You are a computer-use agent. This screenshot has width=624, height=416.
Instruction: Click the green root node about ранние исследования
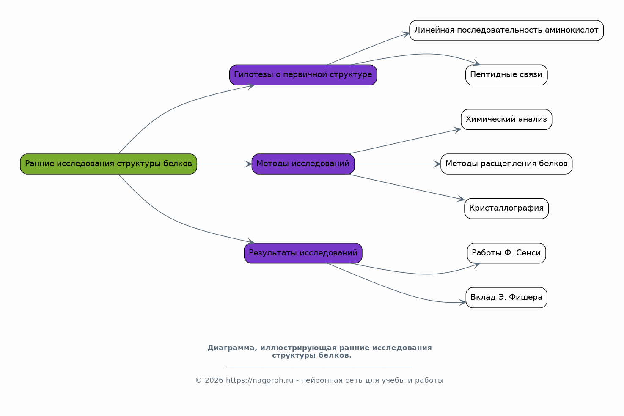point(108,164)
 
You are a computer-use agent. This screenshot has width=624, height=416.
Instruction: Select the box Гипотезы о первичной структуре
point(303,75)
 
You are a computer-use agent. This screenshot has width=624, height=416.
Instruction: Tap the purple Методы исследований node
point(303,164)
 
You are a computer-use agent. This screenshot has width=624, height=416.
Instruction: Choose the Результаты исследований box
point(303,253)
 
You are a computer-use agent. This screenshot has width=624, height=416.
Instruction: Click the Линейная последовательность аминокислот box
point(506,30)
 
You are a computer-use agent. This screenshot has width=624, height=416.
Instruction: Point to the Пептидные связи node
point(506,75)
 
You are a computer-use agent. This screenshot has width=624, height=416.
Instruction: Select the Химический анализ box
point(506,120)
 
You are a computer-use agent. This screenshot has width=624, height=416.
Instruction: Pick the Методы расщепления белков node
point(506,164)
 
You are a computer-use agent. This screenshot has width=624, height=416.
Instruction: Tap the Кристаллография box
point(506,208)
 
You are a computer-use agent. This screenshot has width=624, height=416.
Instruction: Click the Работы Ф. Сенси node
point(506,253)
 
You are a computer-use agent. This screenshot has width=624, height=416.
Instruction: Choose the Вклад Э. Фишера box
point(506,298)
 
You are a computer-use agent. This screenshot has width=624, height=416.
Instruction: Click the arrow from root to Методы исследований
point(224,164)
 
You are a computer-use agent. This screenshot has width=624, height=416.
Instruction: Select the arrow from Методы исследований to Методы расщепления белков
point(398,164)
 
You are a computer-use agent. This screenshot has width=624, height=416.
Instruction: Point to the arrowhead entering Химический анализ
point(458,130)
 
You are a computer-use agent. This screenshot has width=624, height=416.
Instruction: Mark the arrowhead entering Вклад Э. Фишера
point(462,302)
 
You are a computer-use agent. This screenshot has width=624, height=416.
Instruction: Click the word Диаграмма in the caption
point(232,348)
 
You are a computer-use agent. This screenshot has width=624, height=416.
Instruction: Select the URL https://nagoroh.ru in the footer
point(260,380)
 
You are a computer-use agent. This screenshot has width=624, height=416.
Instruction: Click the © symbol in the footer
point(198,380)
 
